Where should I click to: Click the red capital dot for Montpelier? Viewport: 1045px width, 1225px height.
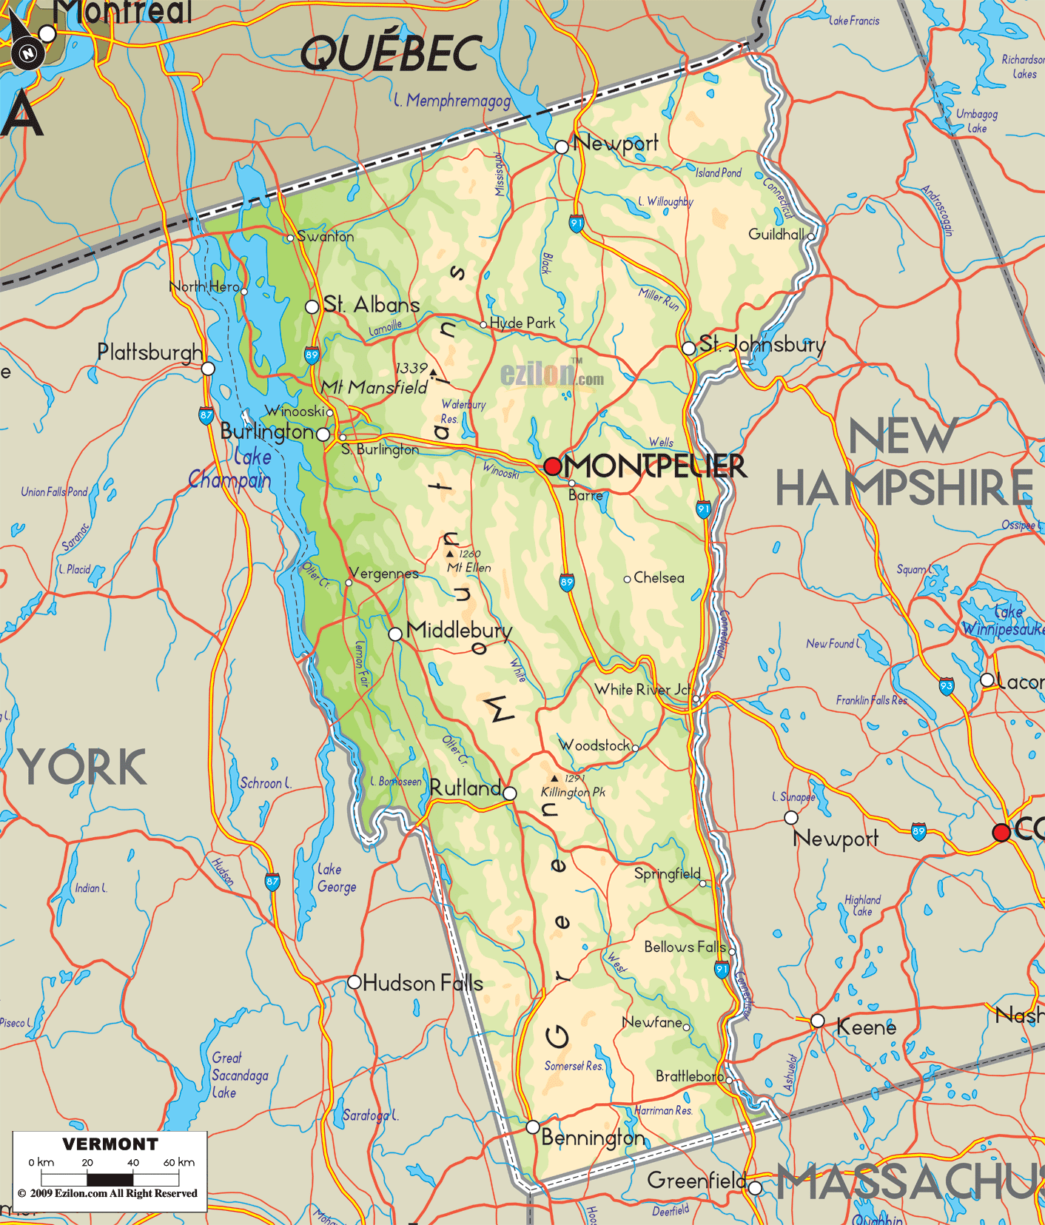pyautogui.click(x=553, y=466)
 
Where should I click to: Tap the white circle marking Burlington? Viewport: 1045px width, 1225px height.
pyautogui.click(x=323, y=434)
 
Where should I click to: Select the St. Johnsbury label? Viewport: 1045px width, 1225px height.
pyautogui.click(x=762, y=344)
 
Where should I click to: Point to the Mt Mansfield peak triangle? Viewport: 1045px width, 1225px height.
pyautogui.click(x=433, y=372)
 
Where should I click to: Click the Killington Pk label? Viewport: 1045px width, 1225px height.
pyautogui.click(x=573, y=792)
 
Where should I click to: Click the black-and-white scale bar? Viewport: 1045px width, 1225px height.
pyautogui.click(x=110, y=1179)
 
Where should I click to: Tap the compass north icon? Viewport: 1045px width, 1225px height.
pyautogui.click(x=27, y=53)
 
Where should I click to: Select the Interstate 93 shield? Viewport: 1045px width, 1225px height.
pyautogui.click(x=947, y=686)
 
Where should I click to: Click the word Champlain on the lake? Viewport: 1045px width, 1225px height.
pyautogui.click(x=229, y=480)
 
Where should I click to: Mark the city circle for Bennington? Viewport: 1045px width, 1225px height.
pyautogui.click(x=533, y=1127)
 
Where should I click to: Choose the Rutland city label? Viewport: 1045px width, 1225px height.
pyautogui.click(x=466, y=788)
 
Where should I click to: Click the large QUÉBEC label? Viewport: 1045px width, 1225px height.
pyautogui.click(x=392, y=53)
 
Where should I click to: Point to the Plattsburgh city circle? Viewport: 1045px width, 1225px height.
pyautogui.click(x=209, y=369)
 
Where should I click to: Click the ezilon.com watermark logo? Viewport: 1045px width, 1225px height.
pyautogui.click(x=551, y=375)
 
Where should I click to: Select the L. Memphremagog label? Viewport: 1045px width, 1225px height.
pyautogui.click(x=452, y=101)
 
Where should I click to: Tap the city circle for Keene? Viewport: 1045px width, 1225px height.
pyautogui.click(x=818, y=1021)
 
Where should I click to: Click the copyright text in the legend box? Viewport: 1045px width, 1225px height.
pyautogui.click(x=108, y=1193)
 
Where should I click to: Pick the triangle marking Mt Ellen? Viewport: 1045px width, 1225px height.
pyautogui.click(x=449, y=554)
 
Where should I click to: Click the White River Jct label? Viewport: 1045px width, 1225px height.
pyautogui.click(x=642, y=690)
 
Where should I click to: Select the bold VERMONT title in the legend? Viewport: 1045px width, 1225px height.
pyautogui.click(x=110, y=1144)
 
